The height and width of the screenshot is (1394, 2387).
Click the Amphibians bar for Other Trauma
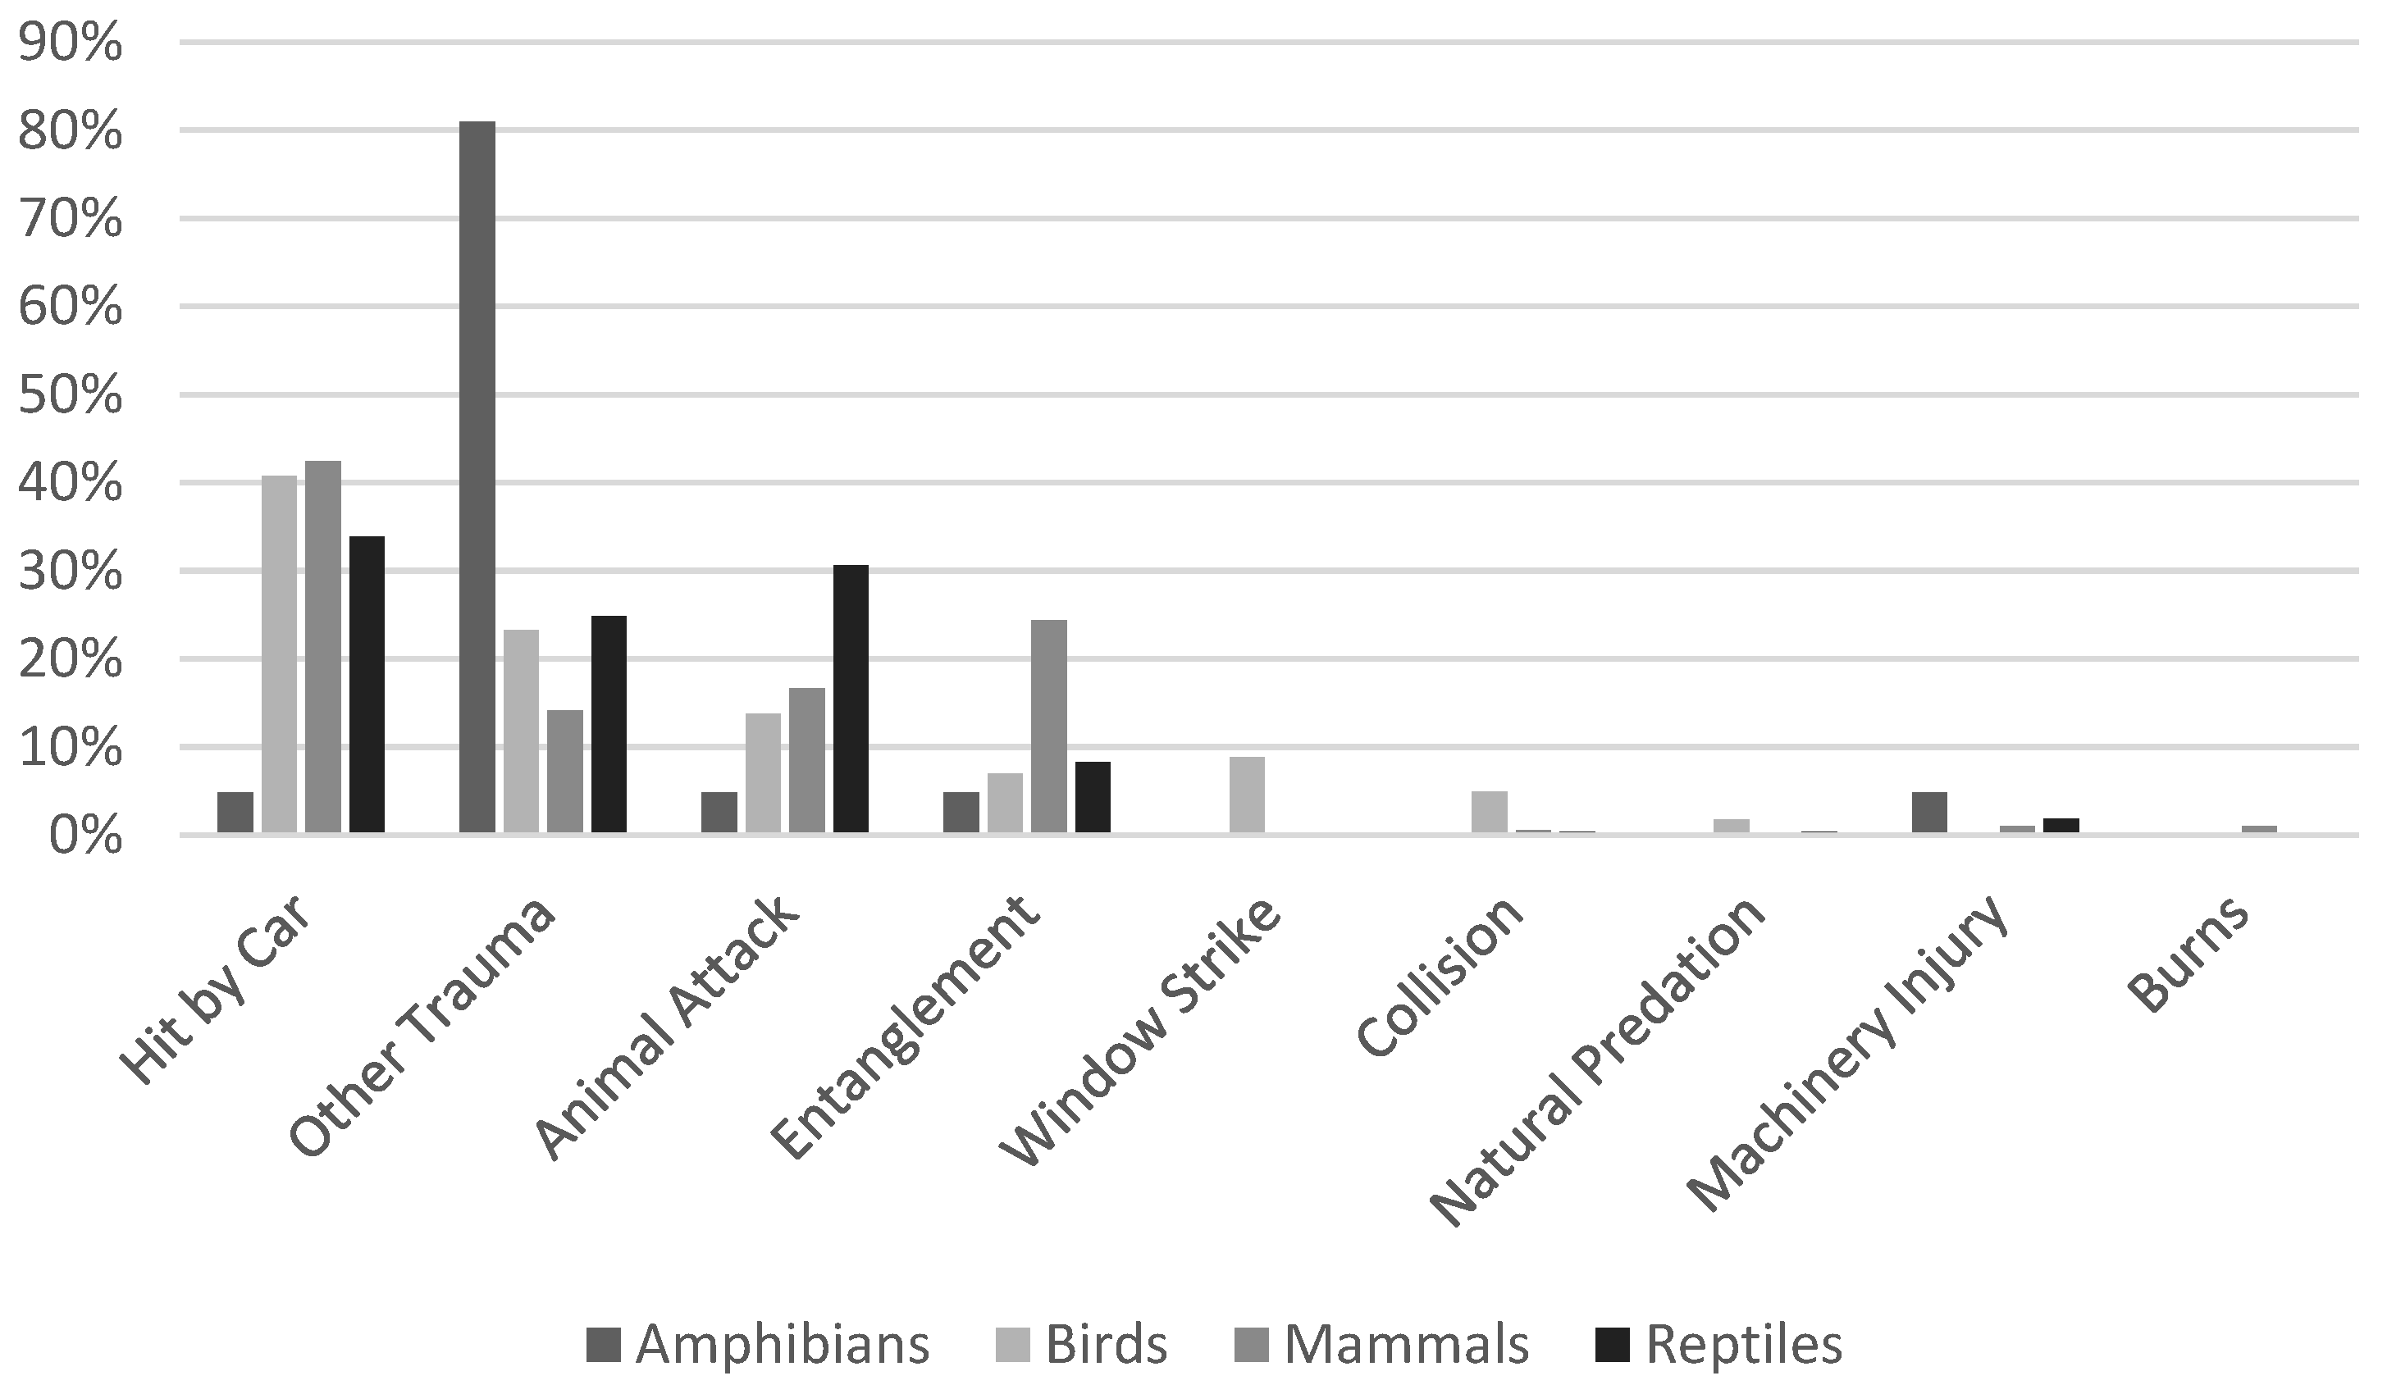477,477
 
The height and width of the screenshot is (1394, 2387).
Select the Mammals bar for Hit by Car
323,647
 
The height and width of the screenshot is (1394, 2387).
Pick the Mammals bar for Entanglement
1048,727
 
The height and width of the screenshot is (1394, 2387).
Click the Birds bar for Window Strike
1247,795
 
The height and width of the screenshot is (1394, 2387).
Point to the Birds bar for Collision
1489,813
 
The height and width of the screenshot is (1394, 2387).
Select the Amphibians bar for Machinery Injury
1928,813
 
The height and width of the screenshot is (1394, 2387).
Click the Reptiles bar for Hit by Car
367,685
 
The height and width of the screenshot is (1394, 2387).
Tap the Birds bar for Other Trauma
521,731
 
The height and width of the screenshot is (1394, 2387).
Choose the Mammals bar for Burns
2258,830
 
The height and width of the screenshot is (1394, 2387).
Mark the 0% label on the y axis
85,837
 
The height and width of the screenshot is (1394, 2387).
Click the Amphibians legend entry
758,1344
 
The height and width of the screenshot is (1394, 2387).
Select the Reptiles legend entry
1719,1344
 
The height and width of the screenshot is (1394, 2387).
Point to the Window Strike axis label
1141,1032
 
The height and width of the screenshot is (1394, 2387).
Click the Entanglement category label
905,1027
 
